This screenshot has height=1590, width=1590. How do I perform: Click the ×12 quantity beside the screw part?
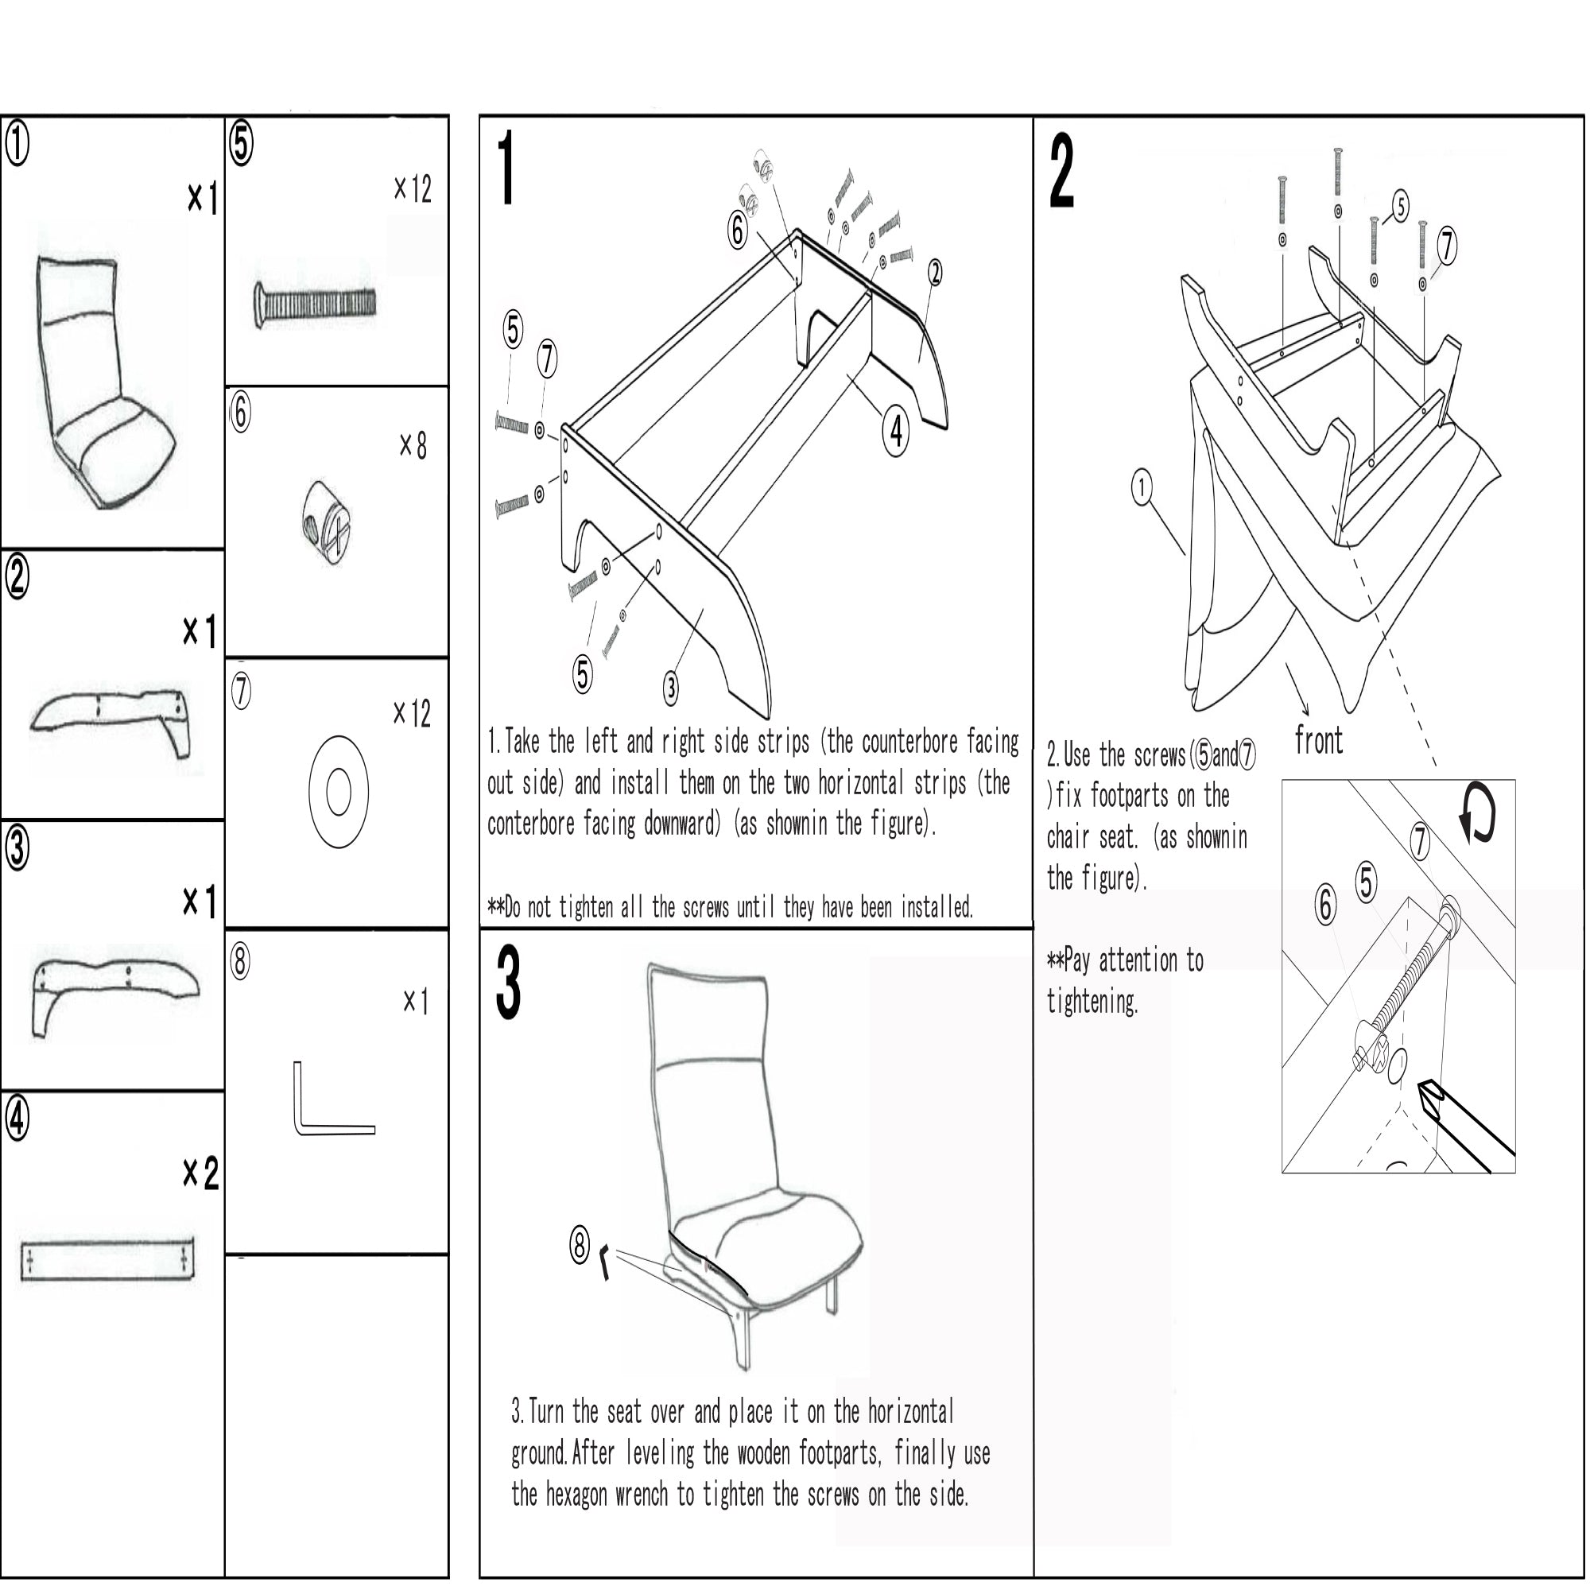coord(413,189)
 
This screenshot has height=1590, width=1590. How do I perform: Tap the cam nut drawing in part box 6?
coord(326,522)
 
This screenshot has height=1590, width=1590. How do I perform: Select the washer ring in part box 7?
coord(338,792)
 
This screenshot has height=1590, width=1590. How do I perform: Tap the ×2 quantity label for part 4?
coord(200,1173)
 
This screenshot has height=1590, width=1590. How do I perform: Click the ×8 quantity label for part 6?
coord(413,446)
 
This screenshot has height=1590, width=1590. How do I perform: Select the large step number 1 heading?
coord(507,169)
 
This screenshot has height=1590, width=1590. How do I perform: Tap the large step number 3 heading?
coord(509,983)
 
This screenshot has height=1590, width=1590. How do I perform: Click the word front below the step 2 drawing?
coord(1318,741)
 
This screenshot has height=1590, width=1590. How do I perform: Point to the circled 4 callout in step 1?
coord(895,430)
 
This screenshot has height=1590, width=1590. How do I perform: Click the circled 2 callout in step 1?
coord(934,273)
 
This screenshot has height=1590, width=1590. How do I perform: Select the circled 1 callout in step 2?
coord(1142,487)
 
